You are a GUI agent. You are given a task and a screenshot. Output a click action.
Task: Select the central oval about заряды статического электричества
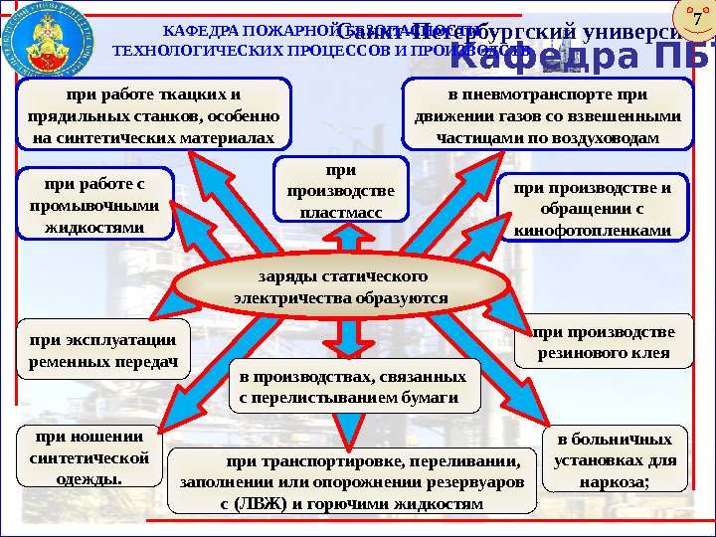341,286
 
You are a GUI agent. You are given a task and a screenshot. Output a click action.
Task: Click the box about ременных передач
104,349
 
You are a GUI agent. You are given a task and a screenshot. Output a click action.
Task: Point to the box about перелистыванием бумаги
353,388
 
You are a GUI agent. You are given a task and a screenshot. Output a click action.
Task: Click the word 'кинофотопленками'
593,231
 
